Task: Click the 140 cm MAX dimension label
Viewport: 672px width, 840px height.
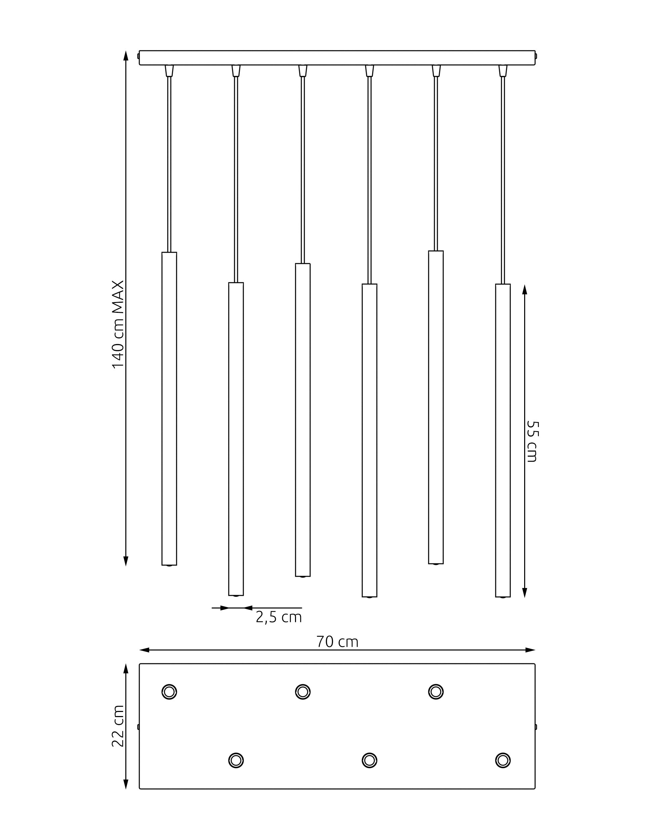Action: [118, 324]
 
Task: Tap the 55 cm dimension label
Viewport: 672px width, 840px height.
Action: [532, 441]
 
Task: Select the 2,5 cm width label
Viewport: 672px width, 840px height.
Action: [279, 617]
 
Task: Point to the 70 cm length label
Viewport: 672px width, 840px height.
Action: [337, 642]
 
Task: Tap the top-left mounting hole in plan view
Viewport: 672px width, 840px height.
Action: [169, 691]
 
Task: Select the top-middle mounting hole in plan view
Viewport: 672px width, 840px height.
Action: [303, 691]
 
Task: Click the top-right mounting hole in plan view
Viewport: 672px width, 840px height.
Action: [436, 691]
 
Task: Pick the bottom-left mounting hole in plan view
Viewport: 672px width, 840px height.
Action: [236, 760]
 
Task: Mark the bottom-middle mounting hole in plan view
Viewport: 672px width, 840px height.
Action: [369, 760]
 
